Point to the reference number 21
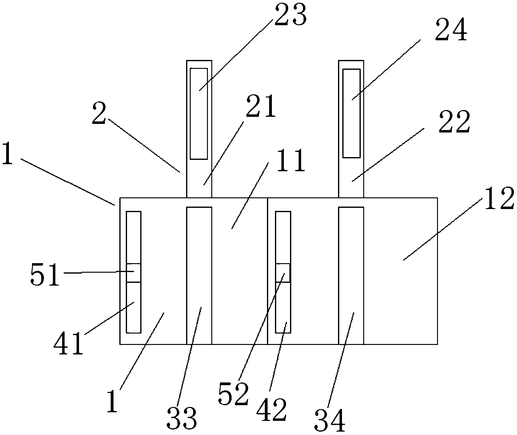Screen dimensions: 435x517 pos(260,107)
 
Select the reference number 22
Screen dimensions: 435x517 pos(454,122)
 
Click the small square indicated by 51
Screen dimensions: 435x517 pos(134,273)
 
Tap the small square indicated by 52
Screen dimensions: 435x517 pos(283,273)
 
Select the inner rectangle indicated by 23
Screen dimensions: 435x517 pos(199,114)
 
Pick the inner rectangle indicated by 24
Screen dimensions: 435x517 pos(351,113)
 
